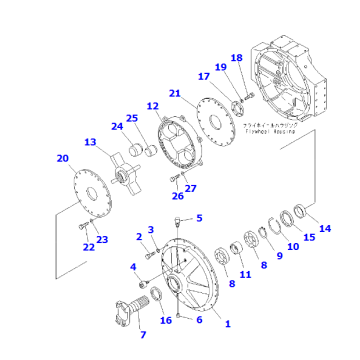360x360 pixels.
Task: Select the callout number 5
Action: point(198,218)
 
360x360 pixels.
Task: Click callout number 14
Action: point(325,229)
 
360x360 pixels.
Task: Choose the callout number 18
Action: point(237,58)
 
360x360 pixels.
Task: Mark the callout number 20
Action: point(62,158)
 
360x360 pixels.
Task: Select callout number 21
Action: point(174,94)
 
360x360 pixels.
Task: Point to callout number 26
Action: point(179,196)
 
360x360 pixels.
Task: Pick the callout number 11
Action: point(246,272)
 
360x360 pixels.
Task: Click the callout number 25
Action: point(131,120)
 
